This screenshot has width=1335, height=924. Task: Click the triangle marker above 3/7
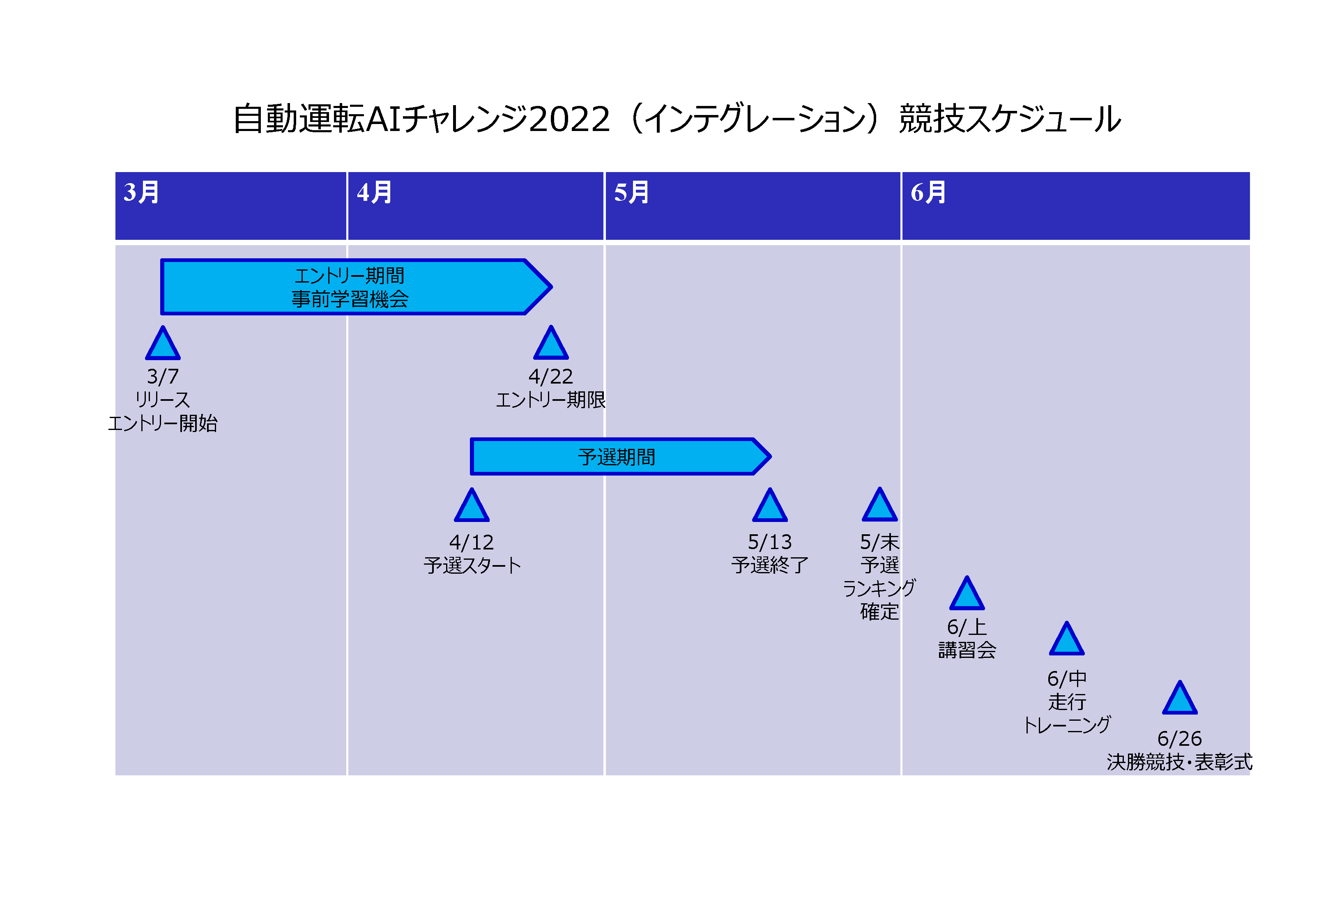pos(163,344)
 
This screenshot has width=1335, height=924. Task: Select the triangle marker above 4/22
pos(550,343)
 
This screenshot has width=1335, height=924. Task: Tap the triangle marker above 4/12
pos(472,506)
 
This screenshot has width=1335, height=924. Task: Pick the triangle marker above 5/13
pos(770,506)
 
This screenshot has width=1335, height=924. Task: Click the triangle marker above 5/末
pos(880,506)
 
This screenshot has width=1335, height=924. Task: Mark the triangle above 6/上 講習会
pos(967,594)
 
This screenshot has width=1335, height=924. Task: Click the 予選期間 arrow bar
pos(621,457)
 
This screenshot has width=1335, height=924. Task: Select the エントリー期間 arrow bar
pos(356,287)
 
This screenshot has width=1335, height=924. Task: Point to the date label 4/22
pos(550,377)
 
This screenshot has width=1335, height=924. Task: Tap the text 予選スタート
pos(472,565)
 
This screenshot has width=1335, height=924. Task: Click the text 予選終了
pos(770,565)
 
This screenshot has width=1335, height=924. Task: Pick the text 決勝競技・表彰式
pos(1180,762)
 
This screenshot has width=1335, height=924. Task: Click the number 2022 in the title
pos(569,119)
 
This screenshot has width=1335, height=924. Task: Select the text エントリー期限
pos(550,400)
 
